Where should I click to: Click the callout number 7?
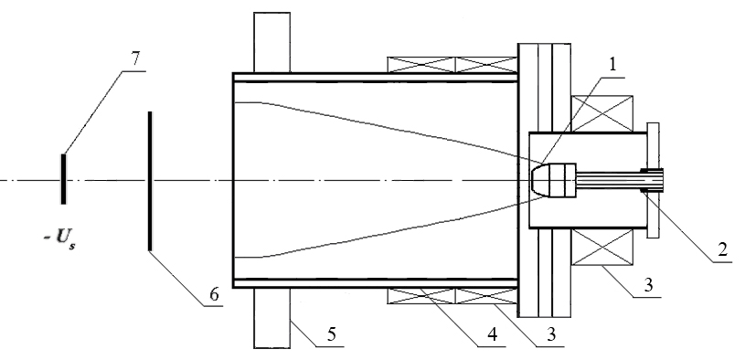pyautogui.click(x=135, y=58)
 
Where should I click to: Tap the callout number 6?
pyautogui.click(x=214, y=294)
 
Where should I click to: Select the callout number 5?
pyautogui.click(x=332, y=334)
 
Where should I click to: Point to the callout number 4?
pyautogui.click(x=492, y=334)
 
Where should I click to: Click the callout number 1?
pyautogui.click(x=612, y=65)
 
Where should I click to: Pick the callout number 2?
pyautogui.click(x=722, y=249)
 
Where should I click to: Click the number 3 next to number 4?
pyautogui.click(x=551, y=334)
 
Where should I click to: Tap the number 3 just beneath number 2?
pyautogui.click(x=648, y=285)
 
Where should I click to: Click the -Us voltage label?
pyautogui.click(x=59, y=238)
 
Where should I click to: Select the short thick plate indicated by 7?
pyautogui.click(x=63, y=178)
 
